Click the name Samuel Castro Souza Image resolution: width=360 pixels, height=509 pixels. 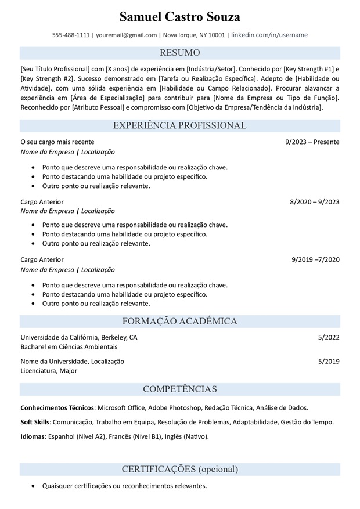pyautogui.click(x=180, y=16)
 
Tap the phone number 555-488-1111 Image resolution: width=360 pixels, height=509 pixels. pyautogui.click(x=71, y=35)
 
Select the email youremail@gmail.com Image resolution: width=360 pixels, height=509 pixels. pyautogui.click(x=127, y=35)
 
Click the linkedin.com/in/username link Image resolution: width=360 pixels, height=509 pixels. pyautogui.click(x=269, y=35)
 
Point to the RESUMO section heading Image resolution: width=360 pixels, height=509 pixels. pyautogui.click(x=180, y=53)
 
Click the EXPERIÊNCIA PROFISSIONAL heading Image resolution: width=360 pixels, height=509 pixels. pyautogui.click(x=180, y=125)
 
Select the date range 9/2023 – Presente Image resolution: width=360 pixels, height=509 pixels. pyautogui.click(x=312, y=142)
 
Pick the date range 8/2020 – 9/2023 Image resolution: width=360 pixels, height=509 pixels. pyautogui.click(x=315, y=202)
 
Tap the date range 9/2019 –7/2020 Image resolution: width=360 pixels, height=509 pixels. pyautogui.click(x=315, y=259)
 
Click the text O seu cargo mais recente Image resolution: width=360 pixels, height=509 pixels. pyautogui.click(x=57, y=142)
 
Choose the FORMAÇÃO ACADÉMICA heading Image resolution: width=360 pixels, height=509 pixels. pyautogui.click(x=180, y=322)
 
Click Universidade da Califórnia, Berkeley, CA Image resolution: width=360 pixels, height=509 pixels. pyautogui.click(x=79, y=337)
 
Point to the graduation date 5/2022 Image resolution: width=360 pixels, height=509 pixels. pyautogui.click(x=329, y=337)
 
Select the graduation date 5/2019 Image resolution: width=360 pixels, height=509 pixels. pyautogui.click(x=329, y=361)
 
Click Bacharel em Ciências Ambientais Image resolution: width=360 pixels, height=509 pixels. pyautogui.click(x=69, y=347)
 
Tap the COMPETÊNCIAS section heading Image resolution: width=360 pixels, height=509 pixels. pyautogui.click(x=180, y=389)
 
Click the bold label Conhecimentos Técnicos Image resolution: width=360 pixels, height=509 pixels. pyautogui.click(x=57, y=407)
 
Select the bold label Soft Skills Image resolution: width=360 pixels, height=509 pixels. pyautogui.click(x=35, y=422)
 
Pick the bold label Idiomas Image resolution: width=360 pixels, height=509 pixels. pyautogui.click(x=33, y=436)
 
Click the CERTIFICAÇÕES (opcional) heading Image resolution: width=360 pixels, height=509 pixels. pyautogui.click(x=180, y=469)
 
